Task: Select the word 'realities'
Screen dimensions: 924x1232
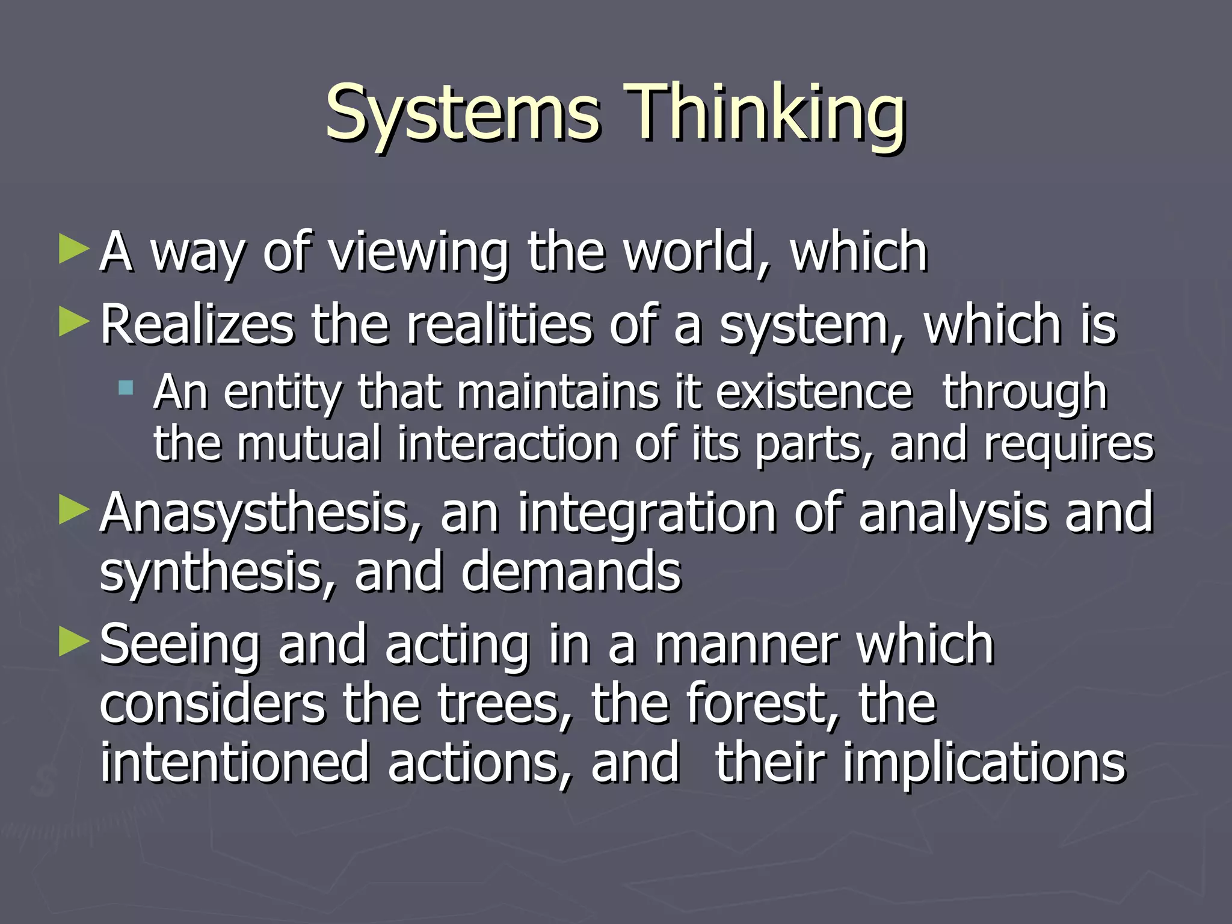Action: (x=499, y=325)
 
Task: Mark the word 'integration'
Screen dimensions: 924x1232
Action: (x=647, y=513)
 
